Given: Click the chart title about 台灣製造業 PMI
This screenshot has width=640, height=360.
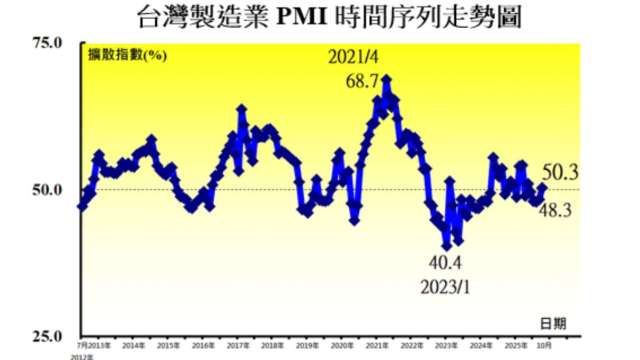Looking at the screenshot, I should click(x=319, y=17).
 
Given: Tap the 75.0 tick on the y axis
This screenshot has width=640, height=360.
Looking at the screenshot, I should click(x=47, y=44).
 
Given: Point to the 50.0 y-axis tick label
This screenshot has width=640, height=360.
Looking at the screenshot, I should click(x=47, y=190).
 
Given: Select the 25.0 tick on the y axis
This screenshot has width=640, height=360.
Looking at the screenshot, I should click(x=47, y=336).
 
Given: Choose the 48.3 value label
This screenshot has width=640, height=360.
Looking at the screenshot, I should click(x=555, y=209).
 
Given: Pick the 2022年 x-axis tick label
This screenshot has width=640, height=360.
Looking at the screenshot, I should click(x=411, y=344).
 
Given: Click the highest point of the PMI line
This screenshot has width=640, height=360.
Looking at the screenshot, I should click(x=386, y=78).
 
